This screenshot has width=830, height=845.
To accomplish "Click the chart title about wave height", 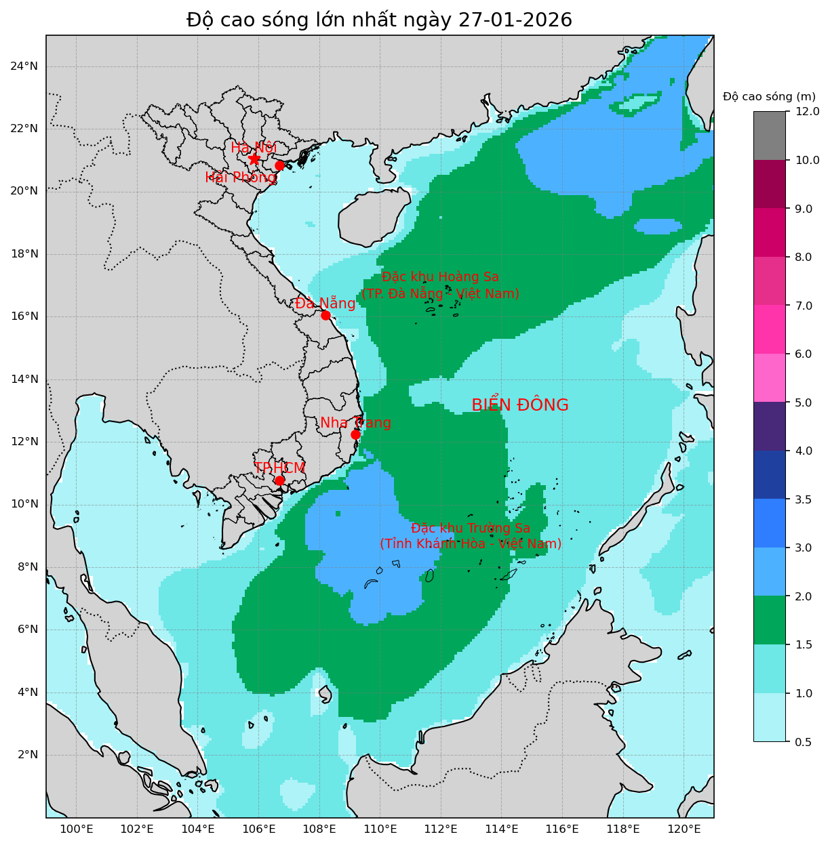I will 379,20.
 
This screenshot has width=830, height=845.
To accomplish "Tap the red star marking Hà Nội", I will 254,159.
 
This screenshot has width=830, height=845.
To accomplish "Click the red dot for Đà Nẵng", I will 325,315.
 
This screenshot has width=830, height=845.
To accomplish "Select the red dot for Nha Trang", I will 355,434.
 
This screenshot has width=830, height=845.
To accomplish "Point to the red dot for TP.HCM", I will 279,480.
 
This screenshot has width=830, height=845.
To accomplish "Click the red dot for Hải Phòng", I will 279,165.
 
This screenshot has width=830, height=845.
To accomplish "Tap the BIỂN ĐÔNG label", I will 519,405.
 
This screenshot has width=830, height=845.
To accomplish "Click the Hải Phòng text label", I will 241,178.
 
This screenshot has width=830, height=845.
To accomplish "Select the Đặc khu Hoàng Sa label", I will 440,285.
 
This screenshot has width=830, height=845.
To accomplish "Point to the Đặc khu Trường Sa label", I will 471,536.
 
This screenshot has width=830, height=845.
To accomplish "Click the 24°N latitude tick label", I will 24,66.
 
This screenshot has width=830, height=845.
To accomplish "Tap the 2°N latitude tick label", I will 26,755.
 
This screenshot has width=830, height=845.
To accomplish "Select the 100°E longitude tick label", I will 76,829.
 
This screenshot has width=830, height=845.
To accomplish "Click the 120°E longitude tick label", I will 684,829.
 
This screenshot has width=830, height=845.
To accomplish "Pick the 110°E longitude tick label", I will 380,829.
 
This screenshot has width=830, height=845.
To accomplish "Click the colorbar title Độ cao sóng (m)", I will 769,96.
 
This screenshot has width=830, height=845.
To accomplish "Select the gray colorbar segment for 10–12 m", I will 769,136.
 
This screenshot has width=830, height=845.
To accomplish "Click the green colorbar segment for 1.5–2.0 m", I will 769,620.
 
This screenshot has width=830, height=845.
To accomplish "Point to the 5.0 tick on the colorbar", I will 804,403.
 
